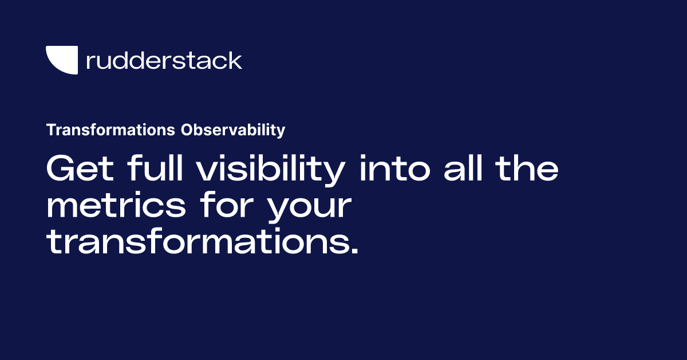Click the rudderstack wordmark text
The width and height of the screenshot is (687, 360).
pyautogui.click(x=164, y=60)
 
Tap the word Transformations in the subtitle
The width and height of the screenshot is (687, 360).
pyautogui.click(x=110, y=131)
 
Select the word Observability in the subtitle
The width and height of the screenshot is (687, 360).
pyautogui.click(x=233, y=131)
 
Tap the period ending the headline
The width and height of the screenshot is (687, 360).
pyautogui.click(x=354, y=252)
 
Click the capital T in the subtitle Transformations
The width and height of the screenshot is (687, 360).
pyautogui.click(x=50, y=131)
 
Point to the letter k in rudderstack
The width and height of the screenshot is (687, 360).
pyautogui.click(x=235, y=60)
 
